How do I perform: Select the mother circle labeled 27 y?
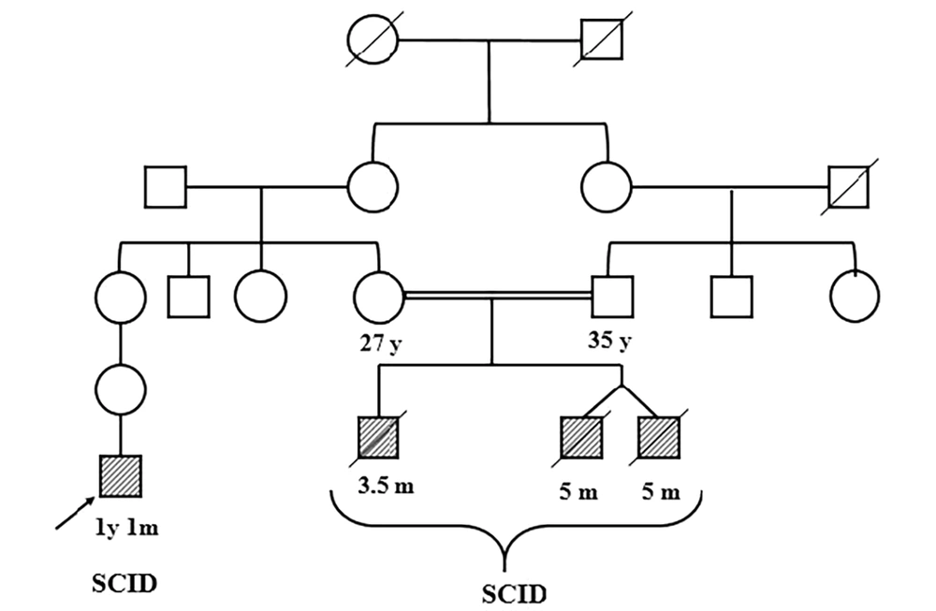tap(378, 296)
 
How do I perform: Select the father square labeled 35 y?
tap(612, 296)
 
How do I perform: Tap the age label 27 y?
tap(378, 342)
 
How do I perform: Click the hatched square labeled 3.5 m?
tap(378, 438)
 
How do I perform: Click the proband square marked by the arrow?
tap(120, 476)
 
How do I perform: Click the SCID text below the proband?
tap(124, 585)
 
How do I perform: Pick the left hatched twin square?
tap(580, 438)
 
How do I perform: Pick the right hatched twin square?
tap(659, 438)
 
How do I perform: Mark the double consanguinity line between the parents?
tap(496, 296)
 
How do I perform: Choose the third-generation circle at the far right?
tap(855, 296)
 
